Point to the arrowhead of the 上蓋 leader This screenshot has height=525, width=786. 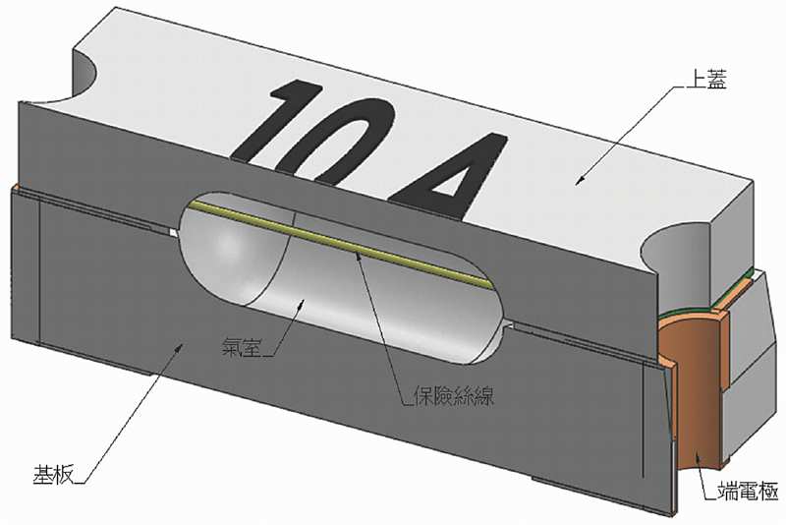(x=581, y=181)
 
